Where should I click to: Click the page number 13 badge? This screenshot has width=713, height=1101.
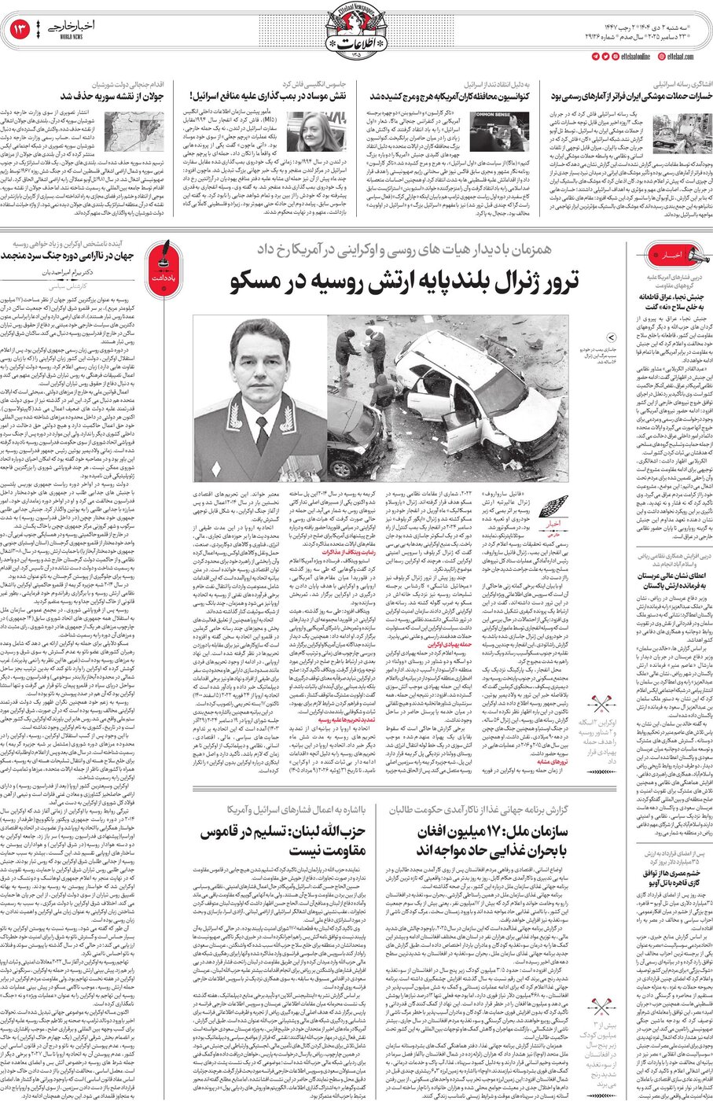(20, 30)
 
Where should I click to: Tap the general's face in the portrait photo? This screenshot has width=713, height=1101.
(259, 362)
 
